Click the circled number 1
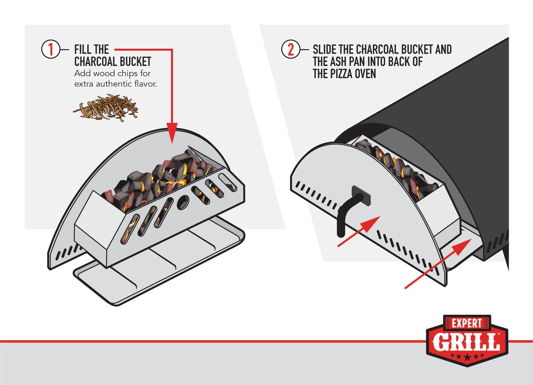click(x=50, y=50)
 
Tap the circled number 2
click(x=291, y=50)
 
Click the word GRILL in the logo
click(x=466, y=342)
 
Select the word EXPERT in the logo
click(x=467, y=323)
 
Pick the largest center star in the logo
click(x=467, y=357)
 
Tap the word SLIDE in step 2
click(x=326, y=50)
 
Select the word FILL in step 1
click(x=83, y=50)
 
